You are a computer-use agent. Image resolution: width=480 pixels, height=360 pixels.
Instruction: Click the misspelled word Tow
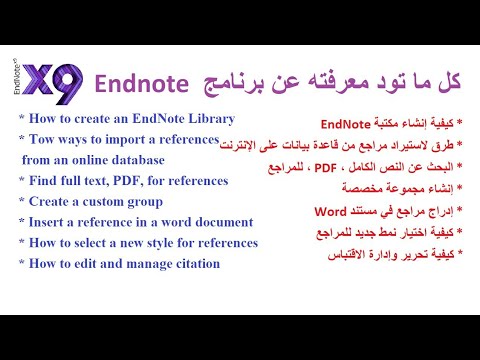pyautogui.click(x=44, y=138)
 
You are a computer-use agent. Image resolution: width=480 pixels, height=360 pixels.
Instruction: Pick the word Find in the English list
pyautogui.click(x=43, y=180)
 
